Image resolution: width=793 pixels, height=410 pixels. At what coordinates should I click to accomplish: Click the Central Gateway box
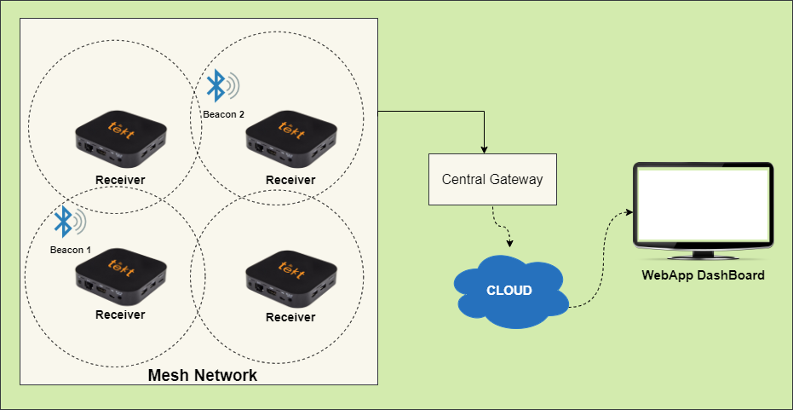491,179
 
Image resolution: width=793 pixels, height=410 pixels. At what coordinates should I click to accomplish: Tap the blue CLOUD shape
509,291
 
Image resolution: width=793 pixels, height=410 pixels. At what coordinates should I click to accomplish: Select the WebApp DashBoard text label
703,275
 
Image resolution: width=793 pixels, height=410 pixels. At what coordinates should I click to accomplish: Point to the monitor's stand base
703,255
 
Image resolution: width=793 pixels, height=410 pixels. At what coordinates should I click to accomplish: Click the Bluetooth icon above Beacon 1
63,222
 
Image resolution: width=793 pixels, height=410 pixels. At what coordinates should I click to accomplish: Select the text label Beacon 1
70,249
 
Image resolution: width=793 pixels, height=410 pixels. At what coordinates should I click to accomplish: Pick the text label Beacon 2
223,113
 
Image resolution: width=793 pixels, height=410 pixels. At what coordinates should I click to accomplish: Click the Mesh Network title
202,375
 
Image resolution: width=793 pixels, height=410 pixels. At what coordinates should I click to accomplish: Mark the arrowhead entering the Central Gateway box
484,149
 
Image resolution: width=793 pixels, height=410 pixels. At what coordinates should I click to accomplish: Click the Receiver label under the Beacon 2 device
290,180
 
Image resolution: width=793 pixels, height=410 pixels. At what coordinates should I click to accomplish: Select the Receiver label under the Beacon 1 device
120,315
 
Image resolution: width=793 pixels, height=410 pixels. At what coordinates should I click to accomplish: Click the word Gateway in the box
515,180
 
